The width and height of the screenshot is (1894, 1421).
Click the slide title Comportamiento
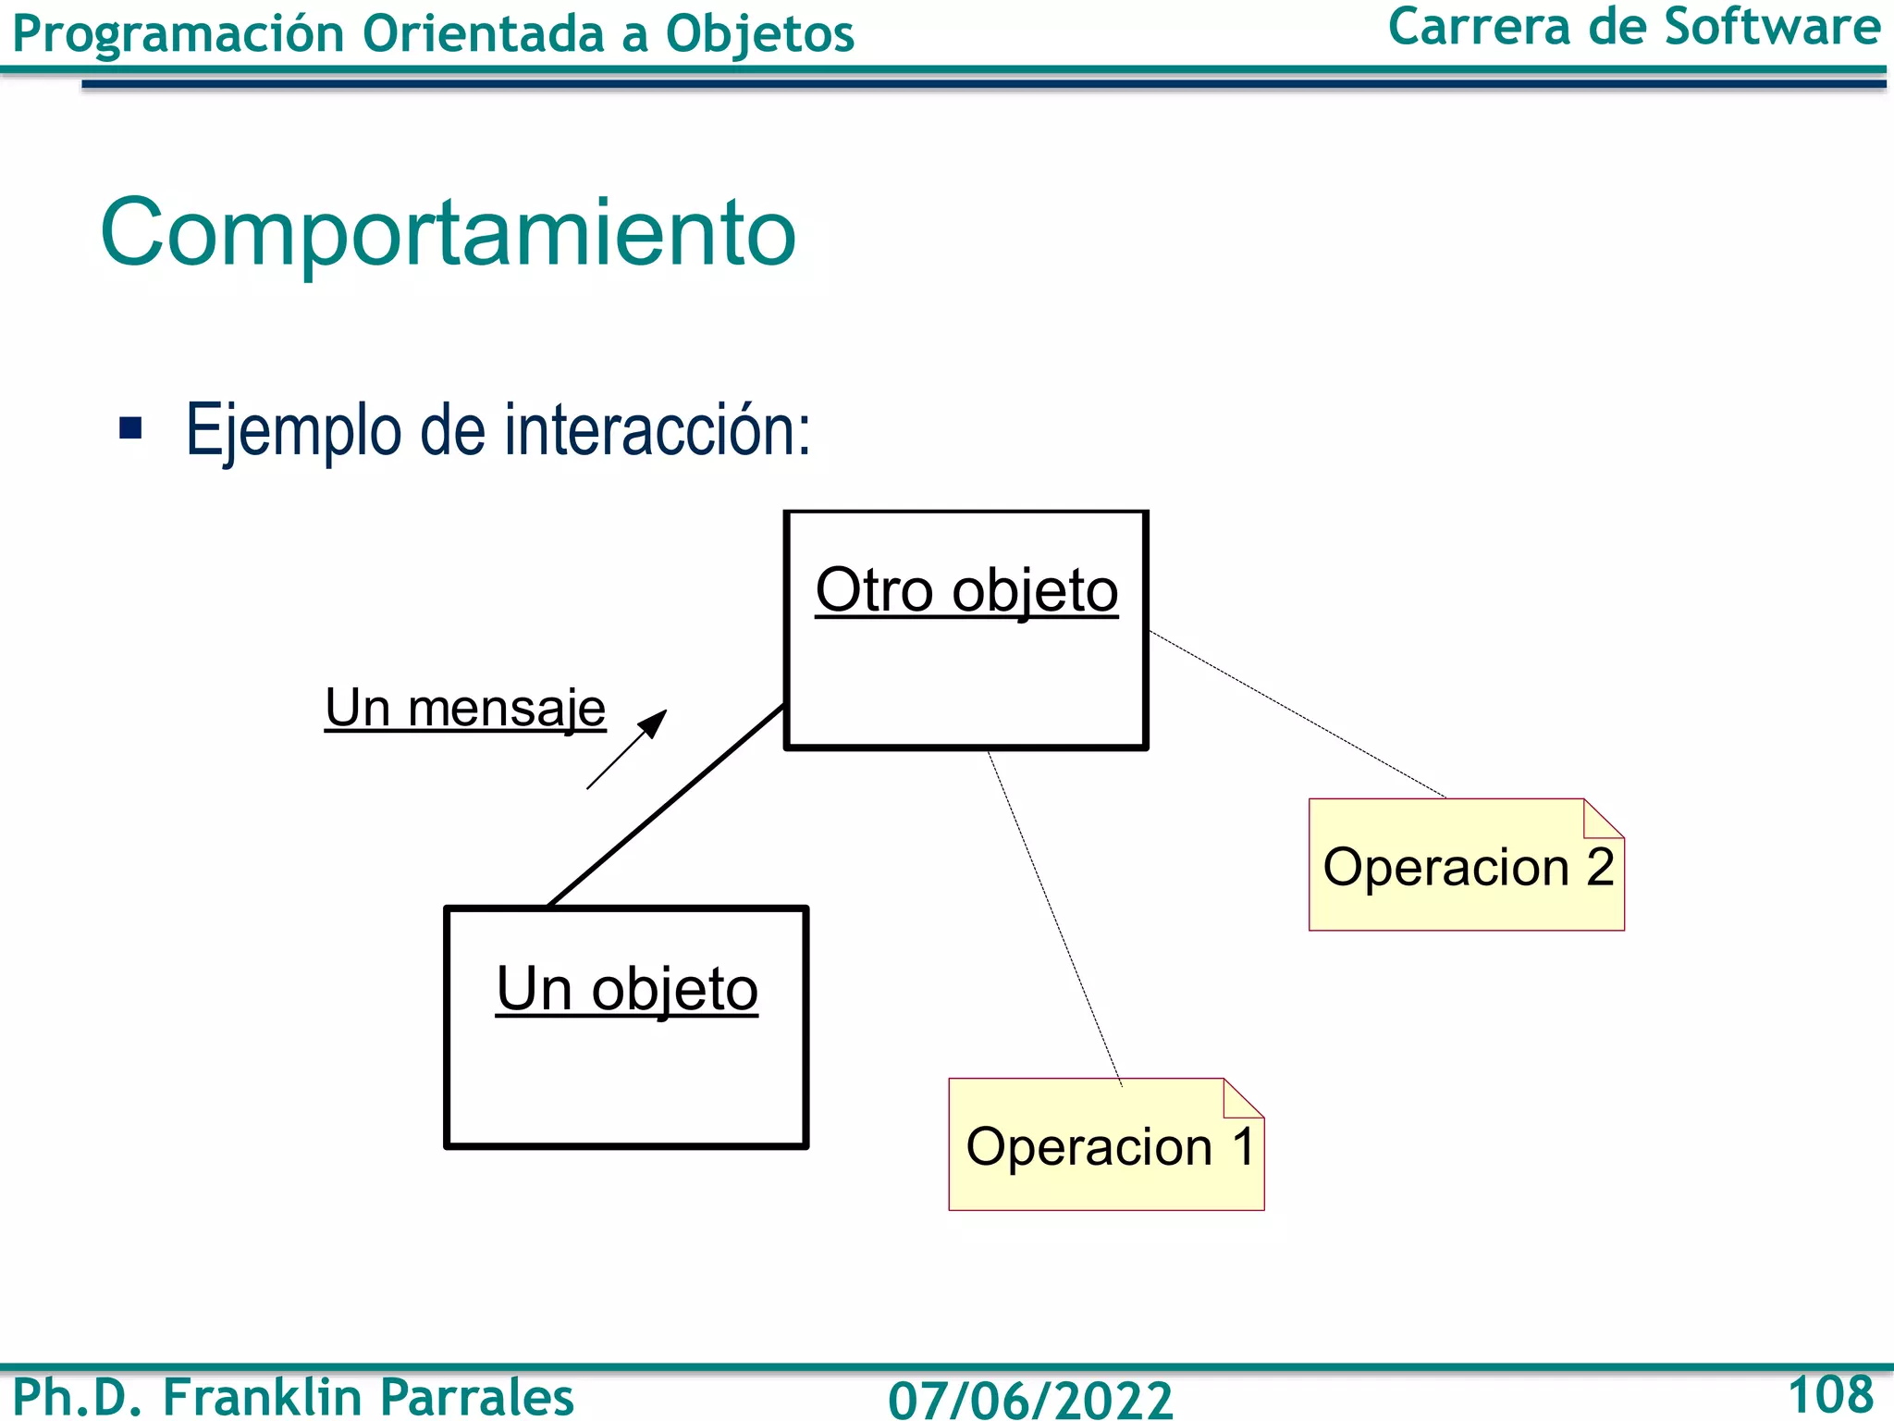448,233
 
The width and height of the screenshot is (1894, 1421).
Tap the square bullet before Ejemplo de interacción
131,428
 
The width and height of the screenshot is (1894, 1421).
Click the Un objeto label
627,989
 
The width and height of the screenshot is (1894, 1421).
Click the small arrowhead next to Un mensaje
655,722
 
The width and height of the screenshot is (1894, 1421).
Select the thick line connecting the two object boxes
666,805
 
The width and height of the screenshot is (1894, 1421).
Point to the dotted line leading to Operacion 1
1054,916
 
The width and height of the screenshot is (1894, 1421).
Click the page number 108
1830,1394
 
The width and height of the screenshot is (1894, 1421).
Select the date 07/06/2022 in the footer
1030,1399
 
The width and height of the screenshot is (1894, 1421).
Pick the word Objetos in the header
759,34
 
